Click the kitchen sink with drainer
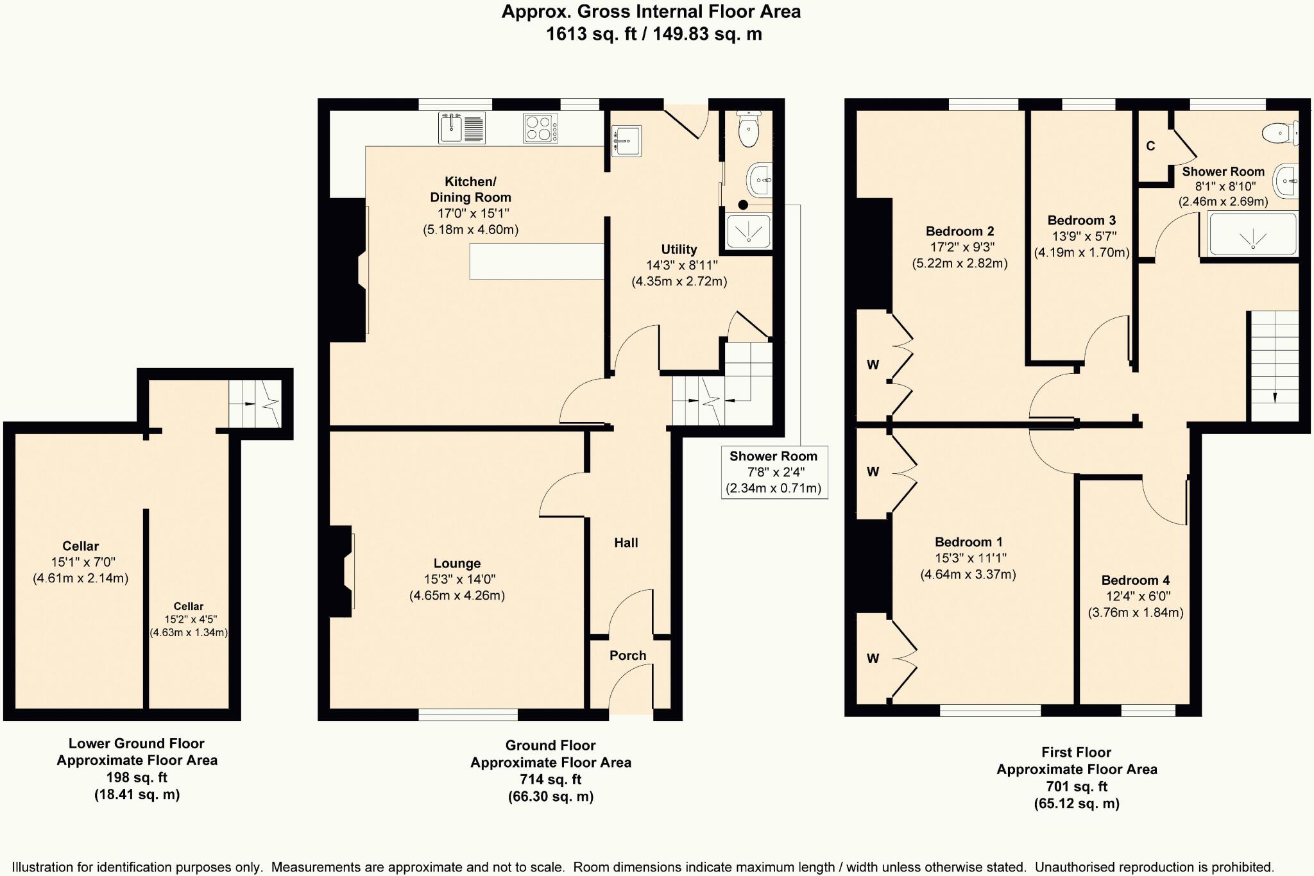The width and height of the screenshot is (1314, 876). (x=462, y=128)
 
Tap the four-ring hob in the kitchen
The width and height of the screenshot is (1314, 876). (x=541, y=128)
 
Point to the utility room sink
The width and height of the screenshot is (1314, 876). (x=626, y=141)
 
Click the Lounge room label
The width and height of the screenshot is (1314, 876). (x=457, y=564)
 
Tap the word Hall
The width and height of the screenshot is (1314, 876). (x=626, y=543)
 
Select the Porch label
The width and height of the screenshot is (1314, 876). (x=627, y=655)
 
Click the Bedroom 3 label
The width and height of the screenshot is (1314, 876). (x=1082, y=221)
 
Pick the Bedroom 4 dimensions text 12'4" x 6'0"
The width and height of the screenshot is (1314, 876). (x=1136, y=596)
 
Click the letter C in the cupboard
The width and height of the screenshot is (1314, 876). (x=1150, y=146)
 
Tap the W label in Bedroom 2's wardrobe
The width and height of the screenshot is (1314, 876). (x=873, y=365)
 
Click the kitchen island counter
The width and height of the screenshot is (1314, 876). (x=537, y=261)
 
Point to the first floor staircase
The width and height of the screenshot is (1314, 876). (x=1274, y=366)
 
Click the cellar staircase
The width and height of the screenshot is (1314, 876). (x=255, y=404)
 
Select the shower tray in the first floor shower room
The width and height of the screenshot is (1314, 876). (x=1252, y=235)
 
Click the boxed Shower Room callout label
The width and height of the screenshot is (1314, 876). (x=774, y=472)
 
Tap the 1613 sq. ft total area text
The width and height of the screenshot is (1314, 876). (x=591, y=33)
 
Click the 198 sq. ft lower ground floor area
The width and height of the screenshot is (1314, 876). (x=137, y=778)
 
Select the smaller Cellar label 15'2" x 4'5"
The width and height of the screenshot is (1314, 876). (x=189, y=619)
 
